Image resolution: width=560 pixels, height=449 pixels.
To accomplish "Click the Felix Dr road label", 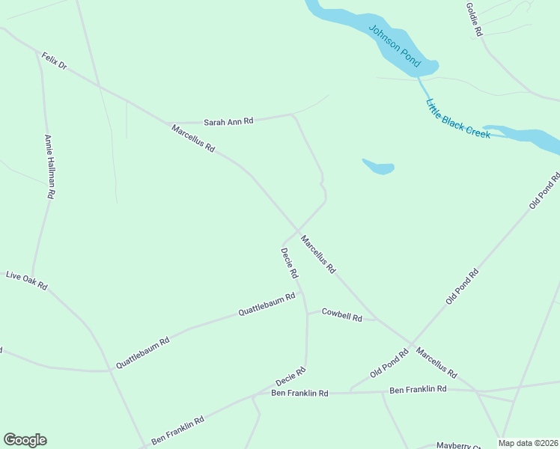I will click(x=55, y=61).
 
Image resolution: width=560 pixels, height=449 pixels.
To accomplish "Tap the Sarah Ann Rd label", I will click(x=229, y=120).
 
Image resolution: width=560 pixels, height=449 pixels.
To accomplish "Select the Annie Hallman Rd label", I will click(x=49, y=166).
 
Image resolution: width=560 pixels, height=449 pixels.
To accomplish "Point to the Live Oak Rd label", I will click(x=27, y=281).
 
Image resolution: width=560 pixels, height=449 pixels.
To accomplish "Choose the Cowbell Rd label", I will click(x=341, y=314).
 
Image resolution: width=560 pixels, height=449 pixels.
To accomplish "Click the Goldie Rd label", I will click(x=474, y=19).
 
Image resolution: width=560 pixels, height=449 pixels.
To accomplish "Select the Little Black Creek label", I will click(x=457, y=118).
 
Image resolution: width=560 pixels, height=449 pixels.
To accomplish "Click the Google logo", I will click(x=25, y=440).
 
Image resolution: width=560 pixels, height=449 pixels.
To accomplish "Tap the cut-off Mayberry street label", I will click(x=458, y=445).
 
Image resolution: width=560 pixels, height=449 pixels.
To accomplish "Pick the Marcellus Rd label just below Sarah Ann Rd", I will click(x=193, y=138).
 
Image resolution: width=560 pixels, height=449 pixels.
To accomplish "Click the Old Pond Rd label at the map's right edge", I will click(x=544, y=191).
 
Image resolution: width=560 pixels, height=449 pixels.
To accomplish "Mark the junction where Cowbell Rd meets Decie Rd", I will click(x=306, y=311).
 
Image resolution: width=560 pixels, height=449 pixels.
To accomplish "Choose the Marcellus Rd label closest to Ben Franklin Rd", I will click(x=436, y=362).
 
